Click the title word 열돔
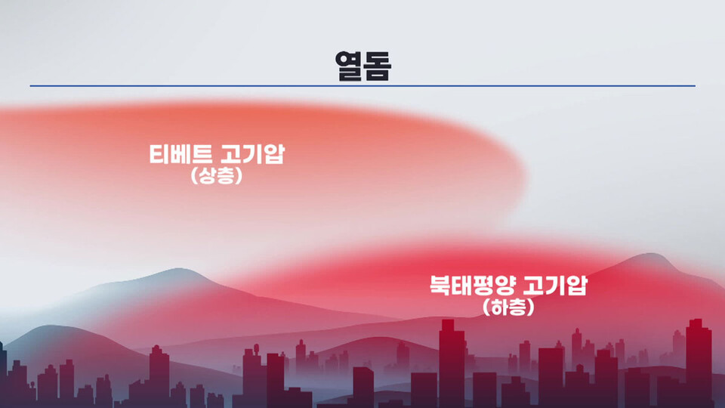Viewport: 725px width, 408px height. (362, 66)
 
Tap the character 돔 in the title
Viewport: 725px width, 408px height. (377, 66)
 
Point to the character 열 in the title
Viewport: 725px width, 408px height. (348, 66)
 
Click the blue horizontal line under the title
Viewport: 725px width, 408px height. (362, 86)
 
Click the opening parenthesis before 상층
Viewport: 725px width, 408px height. (194, 177)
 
